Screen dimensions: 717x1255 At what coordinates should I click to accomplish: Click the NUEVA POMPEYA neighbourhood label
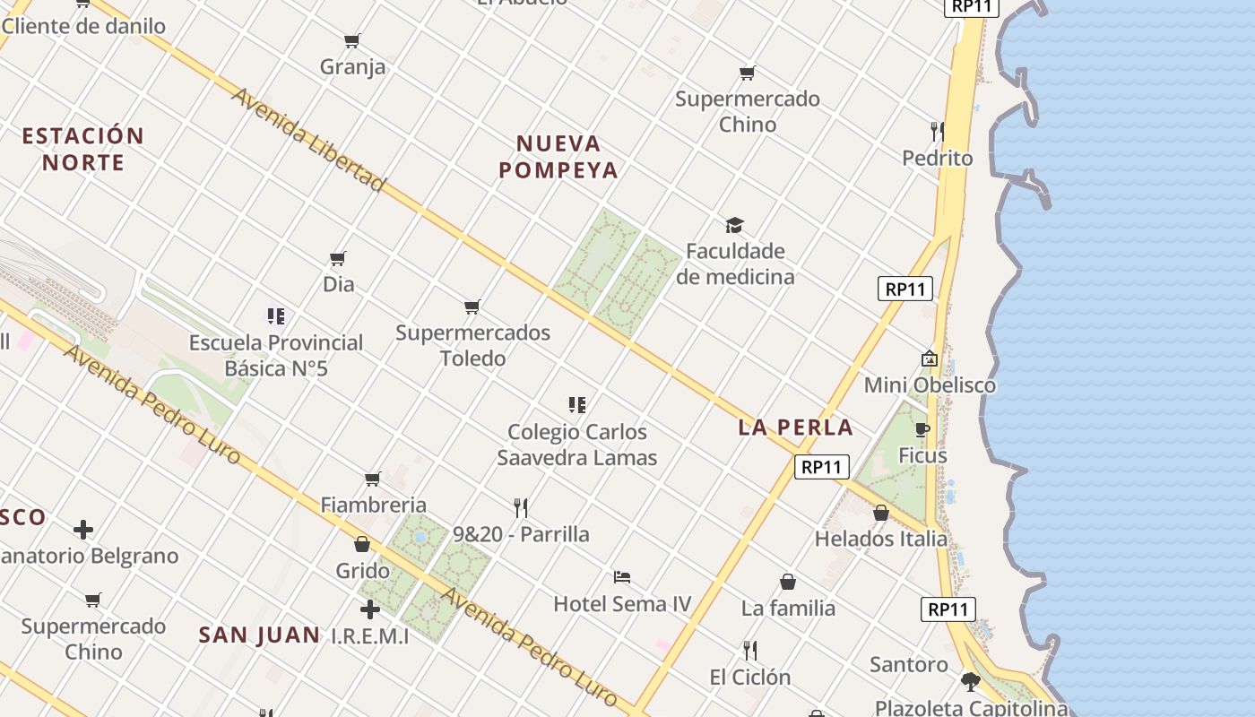click(x=558, y=157)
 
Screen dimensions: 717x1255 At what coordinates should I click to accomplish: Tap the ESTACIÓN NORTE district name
click(x=82, y=149)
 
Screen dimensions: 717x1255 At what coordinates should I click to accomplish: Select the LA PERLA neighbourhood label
click(x=795, y=428)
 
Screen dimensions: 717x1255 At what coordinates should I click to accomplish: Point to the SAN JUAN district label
click(x=259, y=635)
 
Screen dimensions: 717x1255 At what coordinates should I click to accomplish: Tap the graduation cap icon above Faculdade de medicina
click(x=735, y=225)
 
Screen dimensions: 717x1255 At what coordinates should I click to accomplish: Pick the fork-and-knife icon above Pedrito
click(x=937, y=132)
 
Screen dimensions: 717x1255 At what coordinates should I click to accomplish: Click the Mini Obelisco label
click(x=930, y=385)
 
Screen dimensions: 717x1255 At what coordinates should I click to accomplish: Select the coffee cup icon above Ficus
click(x=922, y=430)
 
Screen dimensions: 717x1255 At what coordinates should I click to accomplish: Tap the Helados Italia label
click(x=880, y=539)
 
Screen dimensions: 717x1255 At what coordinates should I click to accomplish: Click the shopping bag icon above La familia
click(x=788, y=583)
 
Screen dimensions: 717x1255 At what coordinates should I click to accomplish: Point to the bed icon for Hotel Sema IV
click(x=622, y=577)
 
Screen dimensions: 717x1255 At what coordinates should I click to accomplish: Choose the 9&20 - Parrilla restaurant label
click(x=521, y=534)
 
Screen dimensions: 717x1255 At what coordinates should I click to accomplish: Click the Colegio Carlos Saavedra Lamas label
click(x=577, y=445)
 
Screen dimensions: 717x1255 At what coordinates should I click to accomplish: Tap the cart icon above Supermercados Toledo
click(x=472, y=307)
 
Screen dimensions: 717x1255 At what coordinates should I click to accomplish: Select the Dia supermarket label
click(x=338, y=284)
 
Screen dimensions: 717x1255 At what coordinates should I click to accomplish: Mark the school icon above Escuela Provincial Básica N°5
click(x=276, y=316)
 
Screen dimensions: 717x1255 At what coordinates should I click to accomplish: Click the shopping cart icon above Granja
click(x=352, y=41)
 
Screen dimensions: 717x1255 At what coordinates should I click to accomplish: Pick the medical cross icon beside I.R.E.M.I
click(x=369, y=610)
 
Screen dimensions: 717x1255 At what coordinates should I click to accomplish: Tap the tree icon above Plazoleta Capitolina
click(x=970, y=682)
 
